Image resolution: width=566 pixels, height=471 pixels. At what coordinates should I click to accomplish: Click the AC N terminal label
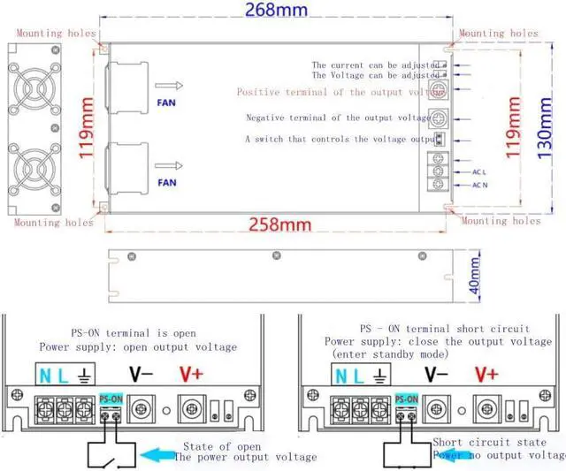[x=480, y=185]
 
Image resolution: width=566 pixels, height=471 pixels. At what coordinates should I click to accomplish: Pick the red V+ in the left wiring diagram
[x=192, y=374]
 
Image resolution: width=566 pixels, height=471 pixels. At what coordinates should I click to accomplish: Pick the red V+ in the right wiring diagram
[x=486, y=374]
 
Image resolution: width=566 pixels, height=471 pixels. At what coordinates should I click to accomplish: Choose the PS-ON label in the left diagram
[x=111, y=398]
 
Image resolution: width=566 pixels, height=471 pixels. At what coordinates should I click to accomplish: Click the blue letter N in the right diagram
[x=341, y=376]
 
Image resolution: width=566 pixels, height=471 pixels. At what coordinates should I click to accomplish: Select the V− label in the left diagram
[x=141, y=374]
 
